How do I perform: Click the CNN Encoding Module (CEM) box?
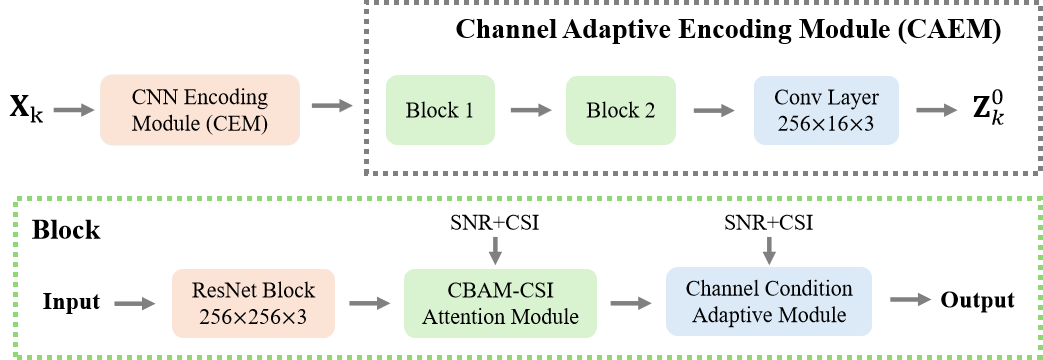pos(200,110)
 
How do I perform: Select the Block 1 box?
pos(440,110)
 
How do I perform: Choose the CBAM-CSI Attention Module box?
pos(500,302)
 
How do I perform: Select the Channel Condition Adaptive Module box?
pos(768,302)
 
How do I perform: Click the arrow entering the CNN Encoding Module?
pos(74,109)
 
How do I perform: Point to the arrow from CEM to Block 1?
pos(332,105)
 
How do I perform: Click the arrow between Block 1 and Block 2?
pos(530,109)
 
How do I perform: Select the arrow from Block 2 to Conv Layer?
pos(712,109)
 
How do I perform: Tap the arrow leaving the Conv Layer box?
pos(936,109)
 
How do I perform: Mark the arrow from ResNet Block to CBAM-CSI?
pos(370,301)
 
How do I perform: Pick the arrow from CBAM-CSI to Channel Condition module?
pos(631,301)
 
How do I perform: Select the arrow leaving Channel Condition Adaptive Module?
pos(910,299)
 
